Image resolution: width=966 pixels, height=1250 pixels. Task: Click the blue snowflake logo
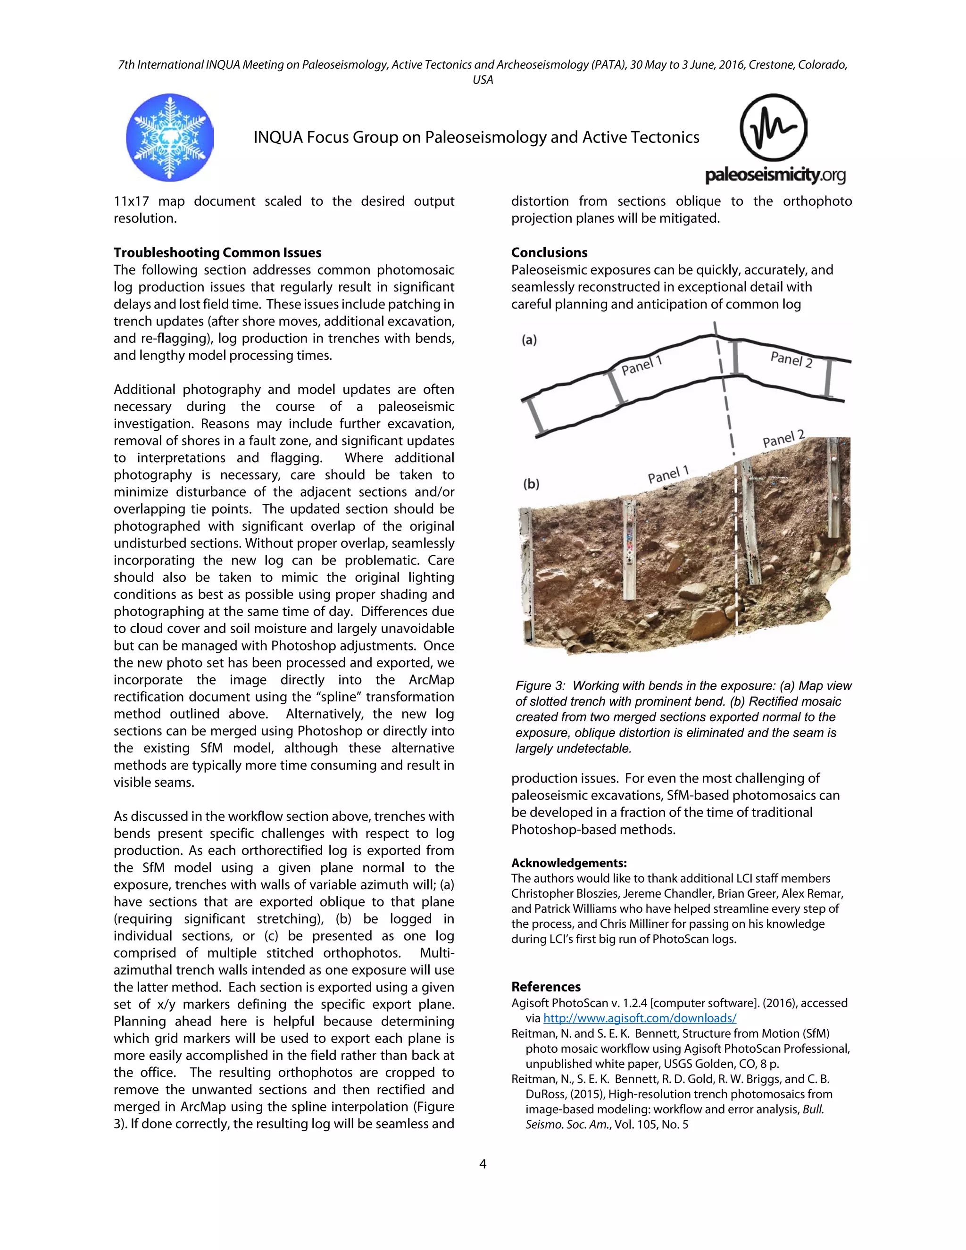tap(169, 137)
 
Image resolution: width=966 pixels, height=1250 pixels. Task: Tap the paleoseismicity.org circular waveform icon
tap(773, 128)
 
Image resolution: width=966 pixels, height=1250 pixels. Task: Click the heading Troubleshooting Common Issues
tap(217, 252)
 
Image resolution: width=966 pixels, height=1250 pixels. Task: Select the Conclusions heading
tap(549, 252)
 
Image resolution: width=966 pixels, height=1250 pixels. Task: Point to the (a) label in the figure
tap(529, 340)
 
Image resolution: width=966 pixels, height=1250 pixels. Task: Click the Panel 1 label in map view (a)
tap(641, 365)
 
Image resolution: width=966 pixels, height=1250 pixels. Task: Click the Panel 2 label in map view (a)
tap(791, 359)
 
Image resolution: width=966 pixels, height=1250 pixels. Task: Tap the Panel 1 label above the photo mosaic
tap(668, 475)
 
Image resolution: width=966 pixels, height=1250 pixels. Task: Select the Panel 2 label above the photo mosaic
tap(783, 439)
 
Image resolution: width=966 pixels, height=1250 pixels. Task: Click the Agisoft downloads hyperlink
tap(639, 1018)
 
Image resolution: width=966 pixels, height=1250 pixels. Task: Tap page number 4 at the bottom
tap(483, 1164)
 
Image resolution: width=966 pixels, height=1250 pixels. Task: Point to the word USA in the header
tap(483, 80)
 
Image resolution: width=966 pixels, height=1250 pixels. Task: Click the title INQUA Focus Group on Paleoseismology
tap(475, 137)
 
